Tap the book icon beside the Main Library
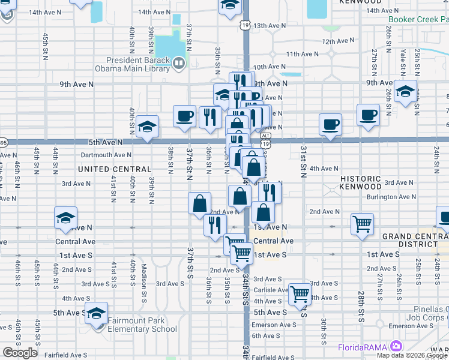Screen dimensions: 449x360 (x=179, y=62)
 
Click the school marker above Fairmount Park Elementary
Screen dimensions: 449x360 (x=96, y=313)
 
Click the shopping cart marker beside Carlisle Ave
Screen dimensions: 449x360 (x=300, y=294)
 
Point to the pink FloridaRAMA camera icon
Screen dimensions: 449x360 (x=395, y=346)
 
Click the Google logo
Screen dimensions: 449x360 (x=20, y=353)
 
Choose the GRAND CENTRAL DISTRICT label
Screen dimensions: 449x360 (x=414, y=241)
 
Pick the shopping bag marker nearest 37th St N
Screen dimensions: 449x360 (x=199, y=203)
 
